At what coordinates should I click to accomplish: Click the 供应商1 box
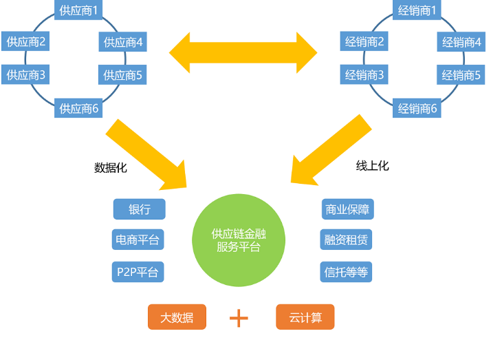79,10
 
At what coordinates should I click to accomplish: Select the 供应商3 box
26,74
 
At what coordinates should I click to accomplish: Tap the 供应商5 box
123,74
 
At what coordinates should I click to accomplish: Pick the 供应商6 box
79,108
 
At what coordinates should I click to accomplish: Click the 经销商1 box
418,10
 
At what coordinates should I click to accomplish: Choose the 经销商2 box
364,42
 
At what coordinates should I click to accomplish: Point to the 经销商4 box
461,42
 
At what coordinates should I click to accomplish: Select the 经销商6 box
418,108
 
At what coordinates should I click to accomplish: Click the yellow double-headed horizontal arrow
243,52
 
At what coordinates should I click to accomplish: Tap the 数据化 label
110,167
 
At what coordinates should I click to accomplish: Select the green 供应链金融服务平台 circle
238,240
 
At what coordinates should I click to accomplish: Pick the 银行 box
139,209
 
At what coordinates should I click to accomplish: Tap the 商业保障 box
347,209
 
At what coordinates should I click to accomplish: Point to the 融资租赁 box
347,240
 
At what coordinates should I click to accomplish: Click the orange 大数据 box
177,317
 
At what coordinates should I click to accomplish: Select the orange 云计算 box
305,317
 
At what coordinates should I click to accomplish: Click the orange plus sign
239,317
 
